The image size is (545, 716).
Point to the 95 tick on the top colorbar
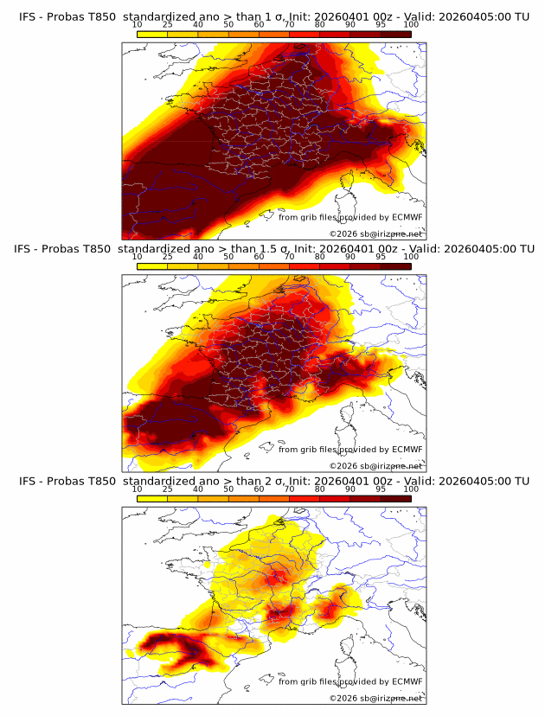[381, 24]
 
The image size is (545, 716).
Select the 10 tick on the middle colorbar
[137, 256]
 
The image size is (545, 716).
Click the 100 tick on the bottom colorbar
[411, 489]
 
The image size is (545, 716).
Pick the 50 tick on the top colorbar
[228, 24]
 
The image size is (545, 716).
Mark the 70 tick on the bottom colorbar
[289, 489]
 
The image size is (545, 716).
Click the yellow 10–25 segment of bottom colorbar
[151, 498]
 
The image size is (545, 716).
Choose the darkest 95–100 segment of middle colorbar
[395, 266]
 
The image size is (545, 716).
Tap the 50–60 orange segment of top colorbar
[243, 34]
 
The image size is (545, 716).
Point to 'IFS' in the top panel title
[28, 16]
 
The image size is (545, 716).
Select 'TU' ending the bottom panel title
[522, 481]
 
